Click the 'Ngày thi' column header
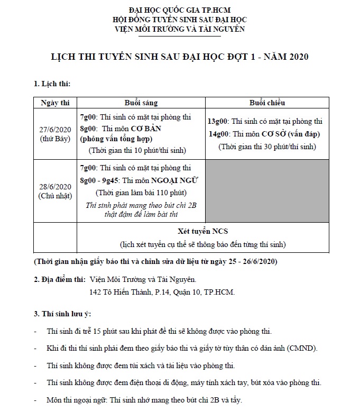pos(55,103)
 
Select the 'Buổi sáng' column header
pos(141,103)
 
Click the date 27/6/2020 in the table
pos(55,129)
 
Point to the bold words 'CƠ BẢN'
pos(145,129)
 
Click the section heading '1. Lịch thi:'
pos(52,84)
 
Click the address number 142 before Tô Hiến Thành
pos(97,292)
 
